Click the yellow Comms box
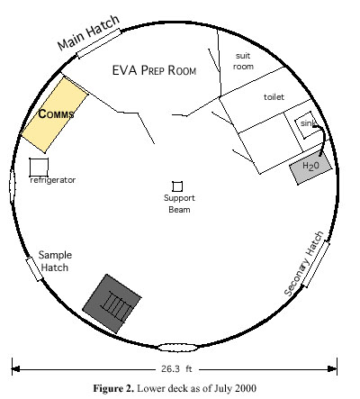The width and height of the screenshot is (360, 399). point(54,114)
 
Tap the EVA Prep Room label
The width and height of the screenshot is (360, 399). point(154,70)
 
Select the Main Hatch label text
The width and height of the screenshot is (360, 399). point(88,32)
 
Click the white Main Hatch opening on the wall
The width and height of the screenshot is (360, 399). point(98,43)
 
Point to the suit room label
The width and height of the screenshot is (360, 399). point(243,61)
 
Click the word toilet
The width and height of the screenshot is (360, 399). point(274,97)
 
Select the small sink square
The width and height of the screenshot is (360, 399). point(306,124)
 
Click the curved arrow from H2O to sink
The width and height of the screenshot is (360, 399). point(323,138)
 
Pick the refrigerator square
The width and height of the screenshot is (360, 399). point(39,168)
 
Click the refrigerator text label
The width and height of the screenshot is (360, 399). point(53,180)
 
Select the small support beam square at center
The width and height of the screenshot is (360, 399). point(177,186)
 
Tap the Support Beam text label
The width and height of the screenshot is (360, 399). point(179,204)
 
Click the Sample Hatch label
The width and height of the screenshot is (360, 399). point(55,261)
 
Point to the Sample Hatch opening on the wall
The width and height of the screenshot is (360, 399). point(34,268)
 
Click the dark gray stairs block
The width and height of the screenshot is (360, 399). point(112,304)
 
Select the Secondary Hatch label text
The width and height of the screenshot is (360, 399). point(303,264)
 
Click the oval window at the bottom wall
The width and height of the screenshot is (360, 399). point(178,348)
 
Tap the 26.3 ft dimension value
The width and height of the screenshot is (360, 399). point(176,368)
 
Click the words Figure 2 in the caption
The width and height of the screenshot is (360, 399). point(113,388)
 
